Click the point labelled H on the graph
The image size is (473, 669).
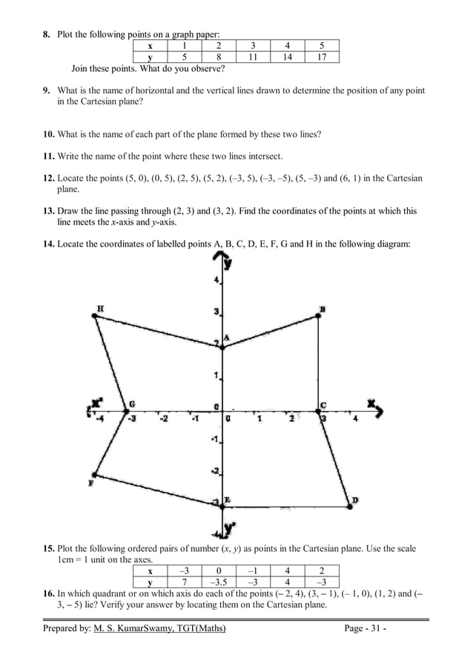click(x=94, y=316)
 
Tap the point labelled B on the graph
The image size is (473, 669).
click(x=319, y=316)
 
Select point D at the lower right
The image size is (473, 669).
click(x=349, y=507)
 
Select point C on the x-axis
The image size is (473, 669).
click(x=319, y=411)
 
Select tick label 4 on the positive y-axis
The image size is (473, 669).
click(x=216, y=281)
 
